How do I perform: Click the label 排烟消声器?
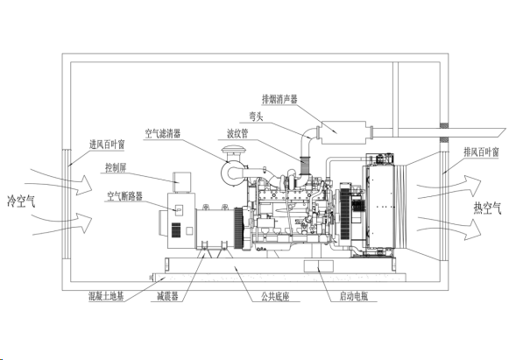pos(279,99)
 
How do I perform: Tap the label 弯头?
pos(256,116)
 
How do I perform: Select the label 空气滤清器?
pos(163,133)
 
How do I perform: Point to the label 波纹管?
pos(237,133)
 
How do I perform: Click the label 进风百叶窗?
pos(107,145)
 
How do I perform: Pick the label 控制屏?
pos(116,168)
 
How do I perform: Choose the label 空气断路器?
pos(125,196)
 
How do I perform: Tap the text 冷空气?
pos(21,201)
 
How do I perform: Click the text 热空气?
pos(487,208)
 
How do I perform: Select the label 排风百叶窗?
pos(481,152)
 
